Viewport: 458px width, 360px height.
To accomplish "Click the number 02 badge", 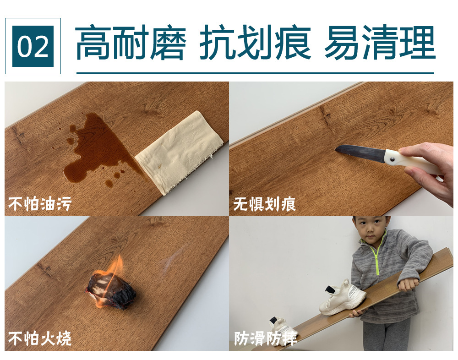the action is click(x=33, y=46).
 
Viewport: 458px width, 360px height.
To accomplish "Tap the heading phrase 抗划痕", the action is click(x=255, y=43).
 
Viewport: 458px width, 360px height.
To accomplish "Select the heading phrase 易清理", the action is click(x=380, y=43).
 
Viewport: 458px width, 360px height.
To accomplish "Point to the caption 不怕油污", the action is click(x=40, y=204).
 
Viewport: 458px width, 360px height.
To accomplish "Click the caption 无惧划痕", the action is click(x=265, y=204).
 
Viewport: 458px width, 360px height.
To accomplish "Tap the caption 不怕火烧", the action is click(x=40, y=338).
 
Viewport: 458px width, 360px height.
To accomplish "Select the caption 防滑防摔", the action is click(x=265, y=338).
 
